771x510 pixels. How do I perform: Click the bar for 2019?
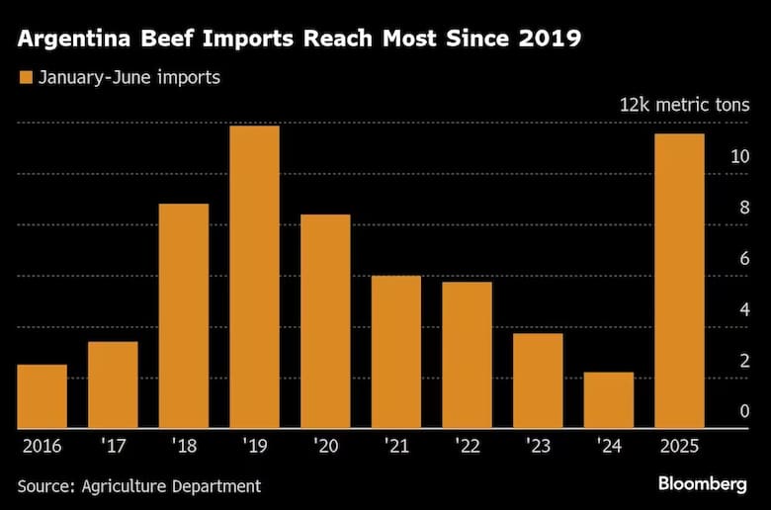tap(254, 278)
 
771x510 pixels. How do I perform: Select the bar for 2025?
tap(680, 282)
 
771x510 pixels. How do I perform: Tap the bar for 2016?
tap(42, 396)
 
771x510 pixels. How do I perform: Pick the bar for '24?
tap(609, 400)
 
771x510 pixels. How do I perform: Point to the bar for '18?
tap(184, 316)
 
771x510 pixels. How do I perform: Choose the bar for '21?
tap(396, 352)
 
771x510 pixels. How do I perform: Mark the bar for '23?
tap(538, 381)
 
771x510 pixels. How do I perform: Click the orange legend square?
tap(25, 77)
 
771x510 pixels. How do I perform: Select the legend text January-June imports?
tap(128, 77)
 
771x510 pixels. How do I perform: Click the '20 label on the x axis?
tap(324, 446)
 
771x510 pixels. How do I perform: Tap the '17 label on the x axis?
tap(112, 446)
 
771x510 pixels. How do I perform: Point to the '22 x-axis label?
tap(467, 446)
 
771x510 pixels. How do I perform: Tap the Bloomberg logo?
tap(703, 483)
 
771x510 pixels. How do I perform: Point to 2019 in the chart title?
tap(555, 41)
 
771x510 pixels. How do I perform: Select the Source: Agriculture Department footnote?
tap(139, 485)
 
